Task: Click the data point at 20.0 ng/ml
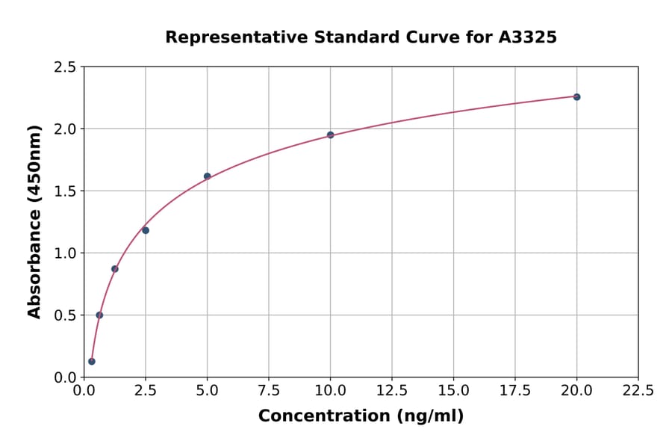pyautogui.click(x=576, y=96)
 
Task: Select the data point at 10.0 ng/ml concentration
pyautogui.click(x=330, y=135)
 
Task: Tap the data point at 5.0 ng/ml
pyautogui.click(x=207, y=176)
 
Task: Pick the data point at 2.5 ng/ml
pyautogui.click(x=146, y=230)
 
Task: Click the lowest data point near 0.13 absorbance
pyautogui.click(x=92, y=361)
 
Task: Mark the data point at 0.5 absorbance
pyautogui.click(x=99, y=315)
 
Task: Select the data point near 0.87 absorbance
pyautogui.click(x=115, y=268)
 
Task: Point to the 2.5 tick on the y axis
pyautogui.click(x=66, y=67)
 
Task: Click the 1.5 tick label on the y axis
pyautogui.click(x=66, y=191)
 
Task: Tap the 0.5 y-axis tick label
pyautogui.click(x=66, y=315)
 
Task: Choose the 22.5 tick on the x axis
pyautogui.click(x=638, y=390)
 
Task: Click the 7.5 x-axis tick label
pyautogui.click(x=269, y=390)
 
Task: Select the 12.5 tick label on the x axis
pyautogui.click(x=392, y=390)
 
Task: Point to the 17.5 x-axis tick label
pyautogui.click(x=514, y=390)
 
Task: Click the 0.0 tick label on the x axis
pyautogui.click(x=84, y=390)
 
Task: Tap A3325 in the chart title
pyautogui.click(x=527, y=37)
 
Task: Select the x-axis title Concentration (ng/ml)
pyautogui.click(x=361, y=416)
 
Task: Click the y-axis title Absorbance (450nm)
pyautogui.click(x=34, y=221)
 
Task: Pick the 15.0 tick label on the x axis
pyautogui.click(x=453, y=390)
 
